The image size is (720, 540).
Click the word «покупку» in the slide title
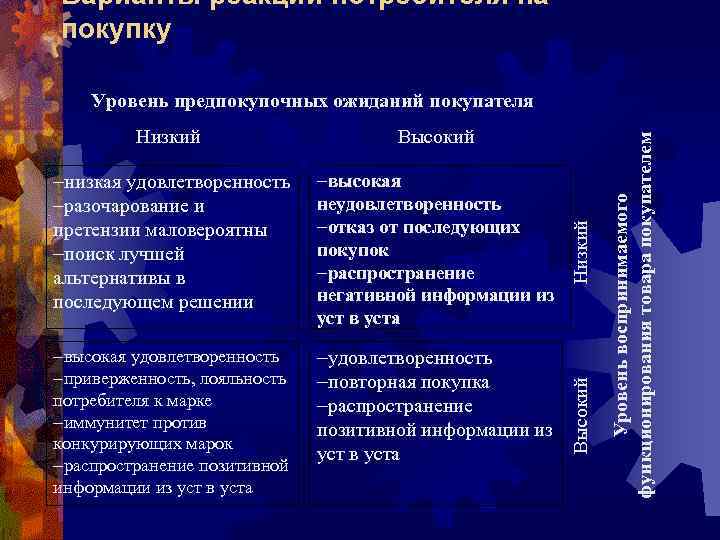(x=114, y=31)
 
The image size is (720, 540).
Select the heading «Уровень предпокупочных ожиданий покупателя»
(x=312, y=101)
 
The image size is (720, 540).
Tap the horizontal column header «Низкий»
(x=168, y=136)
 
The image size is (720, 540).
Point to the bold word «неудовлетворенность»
(x=408, y=204)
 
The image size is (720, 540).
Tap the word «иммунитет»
(x=98, y=423)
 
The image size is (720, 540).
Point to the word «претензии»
(x=89, y=231)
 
